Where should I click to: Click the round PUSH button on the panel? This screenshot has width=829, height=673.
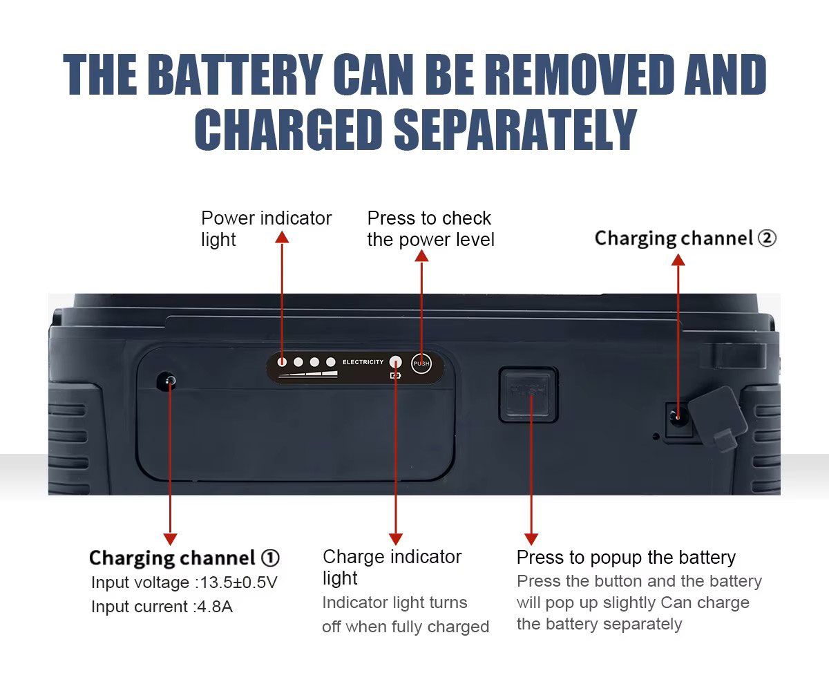pyautogui.click(x=421, y=363)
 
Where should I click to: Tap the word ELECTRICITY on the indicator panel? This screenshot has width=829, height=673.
pyautogui.click(x=363, y=362)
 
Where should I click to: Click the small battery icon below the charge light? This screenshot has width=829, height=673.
pyautogui.click(x=395, y=376)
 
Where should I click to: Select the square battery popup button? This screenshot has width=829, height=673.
pyautogui.click(x=528, y=395)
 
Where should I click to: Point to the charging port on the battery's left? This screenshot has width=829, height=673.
pyautogui.click(x=167, y=381)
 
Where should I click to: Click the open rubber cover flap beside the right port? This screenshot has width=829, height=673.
pyautogui.click(x=717, y=419)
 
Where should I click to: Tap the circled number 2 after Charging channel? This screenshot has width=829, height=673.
pyautogui.click(x=767, y=238)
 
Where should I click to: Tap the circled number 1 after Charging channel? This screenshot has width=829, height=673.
pyautogui.click(x=270, y=558)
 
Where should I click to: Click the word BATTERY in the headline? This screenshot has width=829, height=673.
pyautogui.click(x=235, y=74)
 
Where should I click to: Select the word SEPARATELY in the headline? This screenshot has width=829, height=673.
pyautogui.click(x=515, y=129)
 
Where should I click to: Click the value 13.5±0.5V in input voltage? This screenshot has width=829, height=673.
pyautogui.click(x=238, y=582)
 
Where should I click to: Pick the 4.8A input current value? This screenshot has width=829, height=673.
pyautogui.click(x=215, y=607)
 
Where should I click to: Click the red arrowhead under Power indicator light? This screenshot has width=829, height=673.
pyautogui.click(x=282, y=237)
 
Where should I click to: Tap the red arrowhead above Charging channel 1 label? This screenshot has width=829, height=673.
pyautogui.click(x=170, y=539)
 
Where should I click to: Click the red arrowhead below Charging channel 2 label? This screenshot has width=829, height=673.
pyautogui.click(x=678, y=260)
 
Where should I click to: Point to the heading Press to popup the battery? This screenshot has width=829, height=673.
pyautogui.click(x=626, y=558)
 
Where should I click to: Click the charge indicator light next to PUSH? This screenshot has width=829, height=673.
pyautogui.click(x=395, y=362)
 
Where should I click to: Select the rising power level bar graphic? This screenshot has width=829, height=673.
pyautogui.click(x=308, y=375)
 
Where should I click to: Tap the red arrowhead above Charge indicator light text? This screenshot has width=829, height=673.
pyautogui.click(x=395, y=539)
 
